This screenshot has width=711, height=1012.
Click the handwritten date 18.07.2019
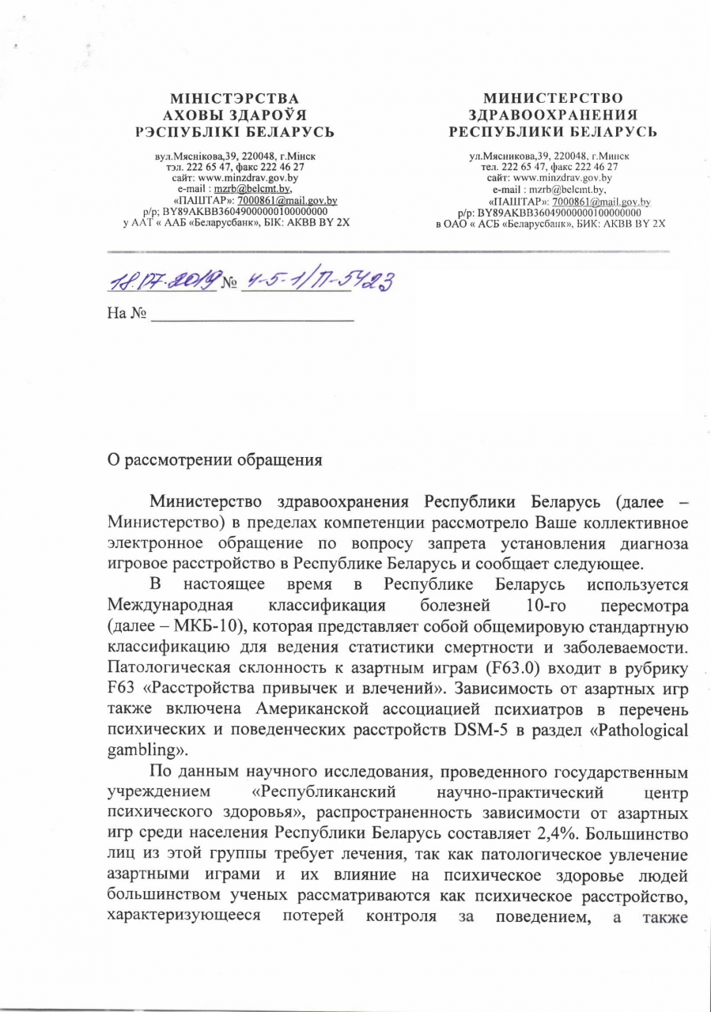[162, 281]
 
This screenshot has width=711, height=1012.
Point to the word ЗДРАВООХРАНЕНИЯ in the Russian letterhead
[553, 115]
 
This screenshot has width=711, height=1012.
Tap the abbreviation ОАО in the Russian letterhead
[463, 224]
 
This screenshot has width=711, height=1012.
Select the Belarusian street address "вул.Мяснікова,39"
[194, 157]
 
